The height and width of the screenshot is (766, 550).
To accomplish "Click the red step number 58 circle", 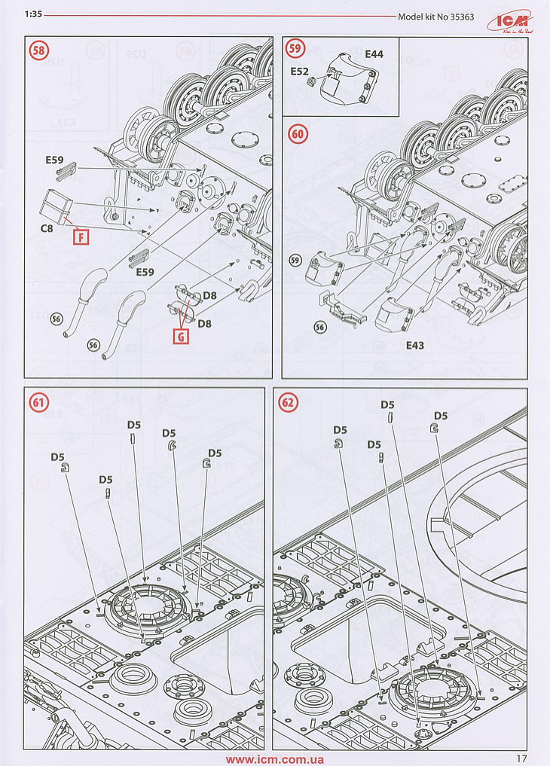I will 35,52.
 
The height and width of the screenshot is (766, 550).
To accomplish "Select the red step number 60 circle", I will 298,133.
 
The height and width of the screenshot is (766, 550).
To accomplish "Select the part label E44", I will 374,55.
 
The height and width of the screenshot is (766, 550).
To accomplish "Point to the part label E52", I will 301,72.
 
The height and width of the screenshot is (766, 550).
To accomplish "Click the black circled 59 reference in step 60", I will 296,261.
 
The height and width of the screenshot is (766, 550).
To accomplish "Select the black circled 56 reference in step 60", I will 319,326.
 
